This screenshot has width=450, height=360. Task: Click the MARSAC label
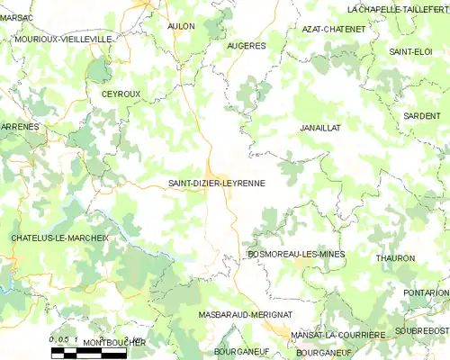[x=16, y=17]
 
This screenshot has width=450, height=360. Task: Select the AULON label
[x=181, y=26]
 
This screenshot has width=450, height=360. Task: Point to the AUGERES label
[x=247, y=45]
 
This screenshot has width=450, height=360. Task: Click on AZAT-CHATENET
[x=334, y=29]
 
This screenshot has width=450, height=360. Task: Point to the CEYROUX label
[x=121, y=93]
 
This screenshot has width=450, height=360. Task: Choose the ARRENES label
[x=20, y=127]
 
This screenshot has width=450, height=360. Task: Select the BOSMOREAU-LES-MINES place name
[x=296, y=255]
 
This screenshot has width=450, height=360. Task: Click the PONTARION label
[x=426, y=292]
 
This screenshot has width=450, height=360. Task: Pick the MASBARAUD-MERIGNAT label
[x=246, y=314]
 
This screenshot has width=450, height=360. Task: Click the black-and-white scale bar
[x=88, y=353]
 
